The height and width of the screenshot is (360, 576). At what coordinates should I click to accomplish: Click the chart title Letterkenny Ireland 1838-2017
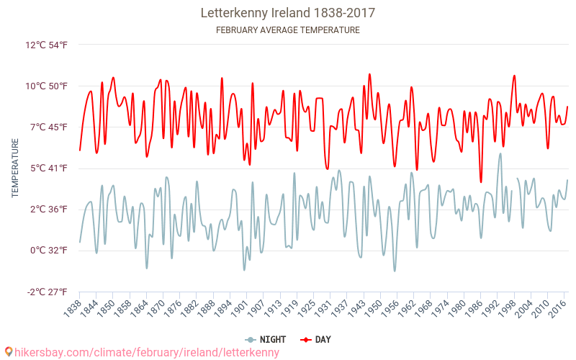287,13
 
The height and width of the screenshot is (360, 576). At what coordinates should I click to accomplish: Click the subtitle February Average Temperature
287,30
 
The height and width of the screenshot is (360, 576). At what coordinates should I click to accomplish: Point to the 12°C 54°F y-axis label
46,45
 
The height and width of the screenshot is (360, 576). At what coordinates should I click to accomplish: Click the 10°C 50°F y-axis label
46,86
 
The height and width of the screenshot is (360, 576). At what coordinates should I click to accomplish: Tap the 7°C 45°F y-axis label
48,127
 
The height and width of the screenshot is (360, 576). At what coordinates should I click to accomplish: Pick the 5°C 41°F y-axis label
48,168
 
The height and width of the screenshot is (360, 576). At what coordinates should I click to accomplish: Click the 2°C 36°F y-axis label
48,210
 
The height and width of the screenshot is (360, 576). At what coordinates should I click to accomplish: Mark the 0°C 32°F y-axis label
48,251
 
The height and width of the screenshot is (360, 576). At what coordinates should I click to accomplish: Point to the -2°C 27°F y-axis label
46,292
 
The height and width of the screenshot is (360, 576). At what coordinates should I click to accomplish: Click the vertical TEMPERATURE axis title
15,168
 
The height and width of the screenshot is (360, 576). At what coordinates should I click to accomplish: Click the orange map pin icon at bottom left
8,352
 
